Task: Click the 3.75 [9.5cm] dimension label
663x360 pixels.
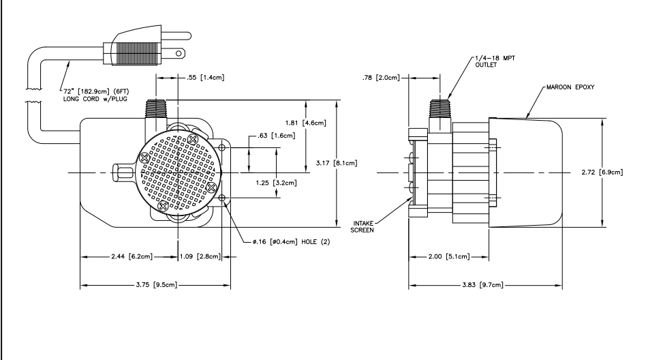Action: [x=157, y=285]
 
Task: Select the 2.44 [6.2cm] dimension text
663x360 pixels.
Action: [x=132, y=256]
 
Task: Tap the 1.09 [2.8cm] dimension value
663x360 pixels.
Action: [x=200, y=256]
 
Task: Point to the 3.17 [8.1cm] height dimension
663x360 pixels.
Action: [x=337, y=163]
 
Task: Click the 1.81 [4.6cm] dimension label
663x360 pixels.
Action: [x=306, y=123]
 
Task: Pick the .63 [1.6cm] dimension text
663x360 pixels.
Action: [x=277, y=136]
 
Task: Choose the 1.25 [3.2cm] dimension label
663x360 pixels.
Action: [x=276, y=183]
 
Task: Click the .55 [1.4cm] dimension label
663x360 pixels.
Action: [x=206, y=78]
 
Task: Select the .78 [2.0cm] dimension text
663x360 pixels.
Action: [x=380, y=78]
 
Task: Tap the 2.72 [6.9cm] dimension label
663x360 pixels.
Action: [x=602, y=172]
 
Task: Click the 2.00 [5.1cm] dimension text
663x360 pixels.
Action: [x=448, y=256]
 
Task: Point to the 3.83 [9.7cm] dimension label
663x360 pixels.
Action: [x=482, y=285]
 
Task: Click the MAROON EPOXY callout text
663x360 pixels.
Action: [x=570, y=87]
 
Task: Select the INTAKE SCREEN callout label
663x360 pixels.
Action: [x=363, y=227]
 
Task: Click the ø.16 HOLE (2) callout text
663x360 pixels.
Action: [x=292, y=242]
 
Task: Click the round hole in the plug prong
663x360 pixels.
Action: [x=179, y=53]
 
